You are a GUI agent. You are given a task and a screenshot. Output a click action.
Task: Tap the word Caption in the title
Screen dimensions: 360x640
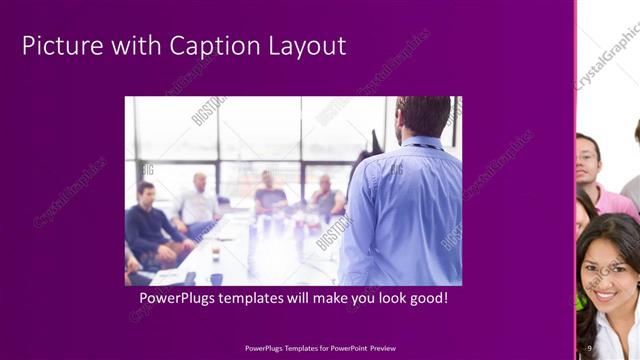pos(205,46)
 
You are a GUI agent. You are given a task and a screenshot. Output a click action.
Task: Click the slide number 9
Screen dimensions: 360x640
pos(590,348)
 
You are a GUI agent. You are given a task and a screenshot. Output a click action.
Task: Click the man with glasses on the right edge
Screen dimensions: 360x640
pos(590,160)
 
